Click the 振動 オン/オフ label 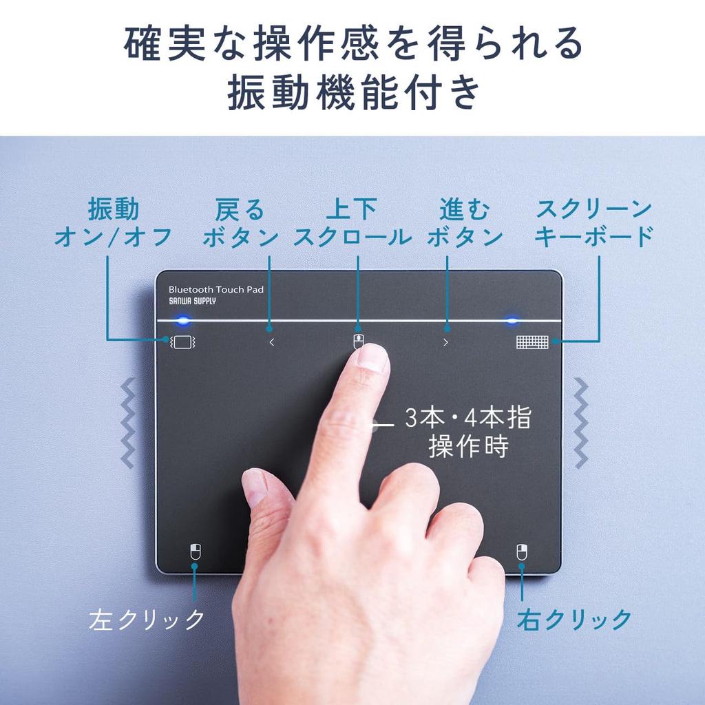tap(113, 222)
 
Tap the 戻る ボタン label tap(240, 222)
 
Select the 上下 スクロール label tap(352, 222)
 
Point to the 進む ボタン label tap(465, 222)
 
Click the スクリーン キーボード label tap(593, 222)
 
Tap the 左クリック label tap(147, 619)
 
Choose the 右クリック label tap(574, 619)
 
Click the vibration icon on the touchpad tap(183, 341)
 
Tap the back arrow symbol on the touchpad tap(271, 342)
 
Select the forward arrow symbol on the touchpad tap(445, 342)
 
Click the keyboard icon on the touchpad tap(532, 342)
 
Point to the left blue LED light tap(182, 321)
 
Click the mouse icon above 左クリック tap(195, 551)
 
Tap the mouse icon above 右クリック tap(522, 551)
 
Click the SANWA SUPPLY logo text tap(192, 302)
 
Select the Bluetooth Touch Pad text tap(215, 290)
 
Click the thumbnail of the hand tap(255, 485)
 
